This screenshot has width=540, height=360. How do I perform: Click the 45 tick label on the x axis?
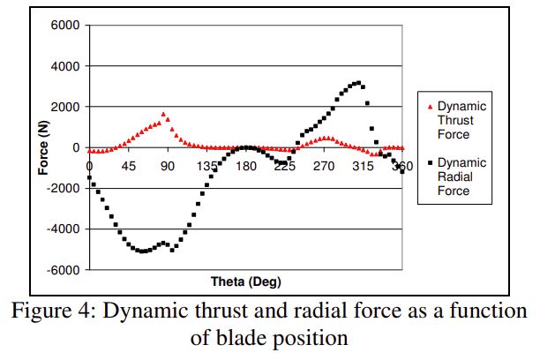click(128, 166)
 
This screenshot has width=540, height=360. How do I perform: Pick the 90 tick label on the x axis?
click(168, 166)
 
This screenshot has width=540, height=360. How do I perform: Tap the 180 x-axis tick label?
click(246, 166)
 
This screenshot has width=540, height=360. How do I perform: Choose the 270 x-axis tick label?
click(325, 166)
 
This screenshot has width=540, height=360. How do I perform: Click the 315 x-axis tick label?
click(364, 166)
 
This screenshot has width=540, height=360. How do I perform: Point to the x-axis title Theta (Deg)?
click(245, 281)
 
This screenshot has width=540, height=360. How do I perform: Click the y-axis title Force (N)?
click(42, 147)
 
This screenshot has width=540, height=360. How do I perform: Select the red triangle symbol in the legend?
click(430, 107)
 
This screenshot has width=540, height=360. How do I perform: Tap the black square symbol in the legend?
click(430, 163)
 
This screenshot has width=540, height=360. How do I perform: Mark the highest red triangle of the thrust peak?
click(164, 114)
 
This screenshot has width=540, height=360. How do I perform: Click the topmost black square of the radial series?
click(357, 83)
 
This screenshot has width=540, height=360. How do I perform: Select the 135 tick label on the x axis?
click(206, 166)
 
